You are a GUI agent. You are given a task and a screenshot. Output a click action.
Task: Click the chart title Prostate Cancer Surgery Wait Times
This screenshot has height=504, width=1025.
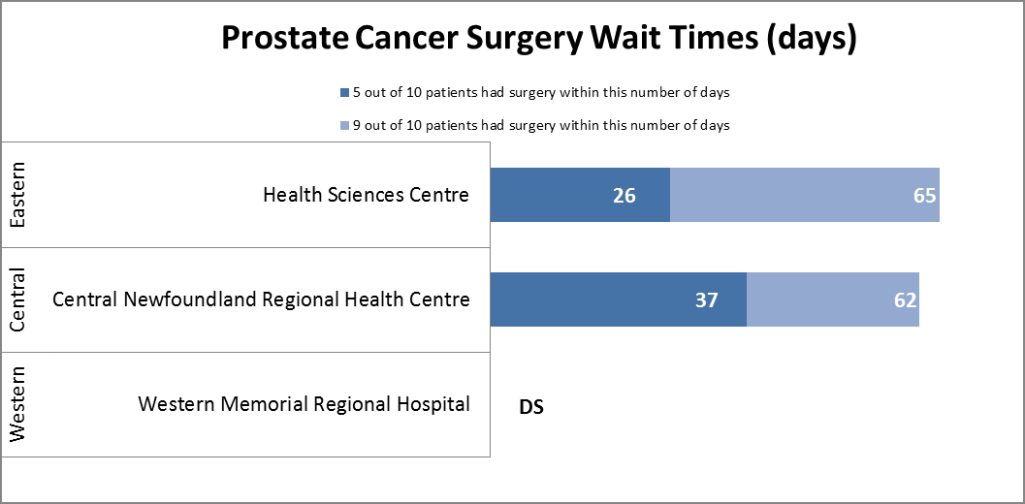[538, 39]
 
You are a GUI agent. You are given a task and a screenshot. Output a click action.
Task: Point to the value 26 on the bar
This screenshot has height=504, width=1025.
[624, 196]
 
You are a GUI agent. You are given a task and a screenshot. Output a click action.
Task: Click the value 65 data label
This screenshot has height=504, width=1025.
[924, 196]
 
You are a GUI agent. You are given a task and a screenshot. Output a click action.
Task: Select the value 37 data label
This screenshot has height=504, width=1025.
[706, 300]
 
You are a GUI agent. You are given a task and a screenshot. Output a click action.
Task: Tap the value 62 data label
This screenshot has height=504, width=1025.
[905, 300]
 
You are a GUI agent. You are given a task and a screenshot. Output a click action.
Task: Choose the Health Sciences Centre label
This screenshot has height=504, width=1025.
[366, 195]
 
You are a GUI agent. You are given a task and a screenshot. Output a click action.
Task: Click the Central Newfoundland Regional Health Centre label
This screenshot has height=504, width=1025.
[261, 299]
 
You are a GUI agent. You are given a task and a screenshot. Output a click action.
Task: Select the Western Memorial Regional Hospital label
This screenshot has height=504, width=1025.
[304, 404]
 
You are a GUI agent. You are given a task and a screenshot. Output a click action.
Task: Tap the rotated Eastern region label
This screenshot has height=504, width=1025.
[18, 195]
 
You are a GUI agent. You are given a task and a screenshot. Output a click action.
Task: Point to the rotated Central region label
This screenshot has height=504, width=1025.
[18, 299]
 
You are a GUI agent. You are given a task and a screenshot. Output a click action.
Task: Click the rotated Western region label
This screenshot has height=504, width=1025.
[18, 404]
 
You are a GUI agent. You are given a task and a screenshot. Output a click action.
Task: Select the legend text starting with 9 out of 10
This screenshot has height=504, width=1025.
[541, 125]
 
